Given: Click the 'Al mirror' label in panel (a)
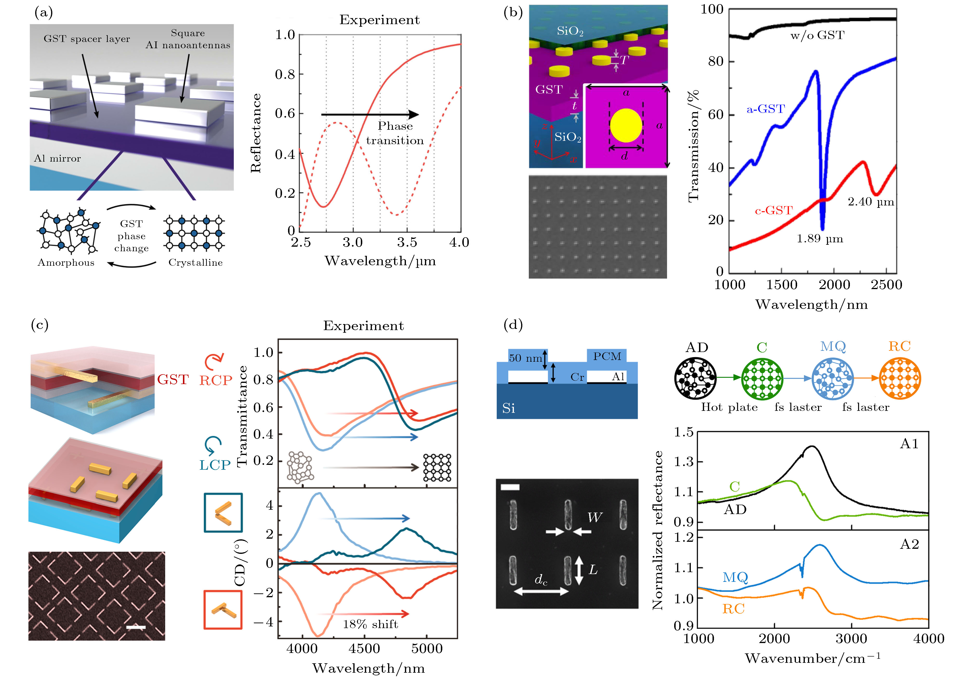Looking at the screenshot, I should (x=57, y=159).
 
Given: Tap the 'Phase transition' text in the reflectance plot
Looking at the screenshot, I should (x=395, y=133).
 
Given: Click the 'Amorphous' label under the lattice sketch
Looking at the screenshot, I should (x=66, y=263).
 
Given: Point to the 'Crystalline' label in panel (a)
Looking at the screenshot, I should (x=196, y=263).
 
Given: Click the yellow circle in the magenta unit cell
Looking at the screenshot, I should (x=626, y=125).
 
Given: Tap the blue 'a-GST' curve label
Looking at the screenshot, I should (x=766, y=109).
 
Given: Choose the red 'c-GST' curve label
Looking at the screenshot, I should (x=774, y=210).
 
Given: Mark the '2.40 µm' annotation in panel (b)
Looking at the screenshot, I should (x=871, y=202).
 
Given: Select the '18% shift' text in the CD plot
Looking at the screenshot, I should (x=370, y=624).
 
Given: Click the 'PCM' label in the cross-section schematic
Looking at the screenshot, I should (x=607, y=357).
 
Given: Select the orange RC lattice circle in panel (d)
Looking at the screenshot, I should (x=900, y=378).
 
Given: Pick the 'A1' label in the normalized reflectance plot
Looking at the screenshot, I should (x=909, y=444).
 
